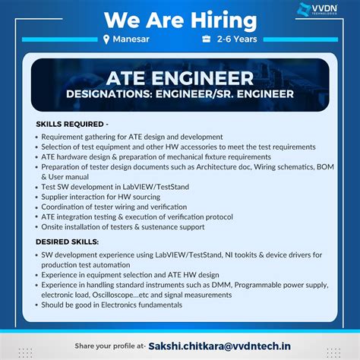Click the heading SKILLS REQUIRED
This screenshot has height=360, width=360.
71,123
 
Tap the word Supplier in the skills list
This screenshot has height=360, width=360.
59,196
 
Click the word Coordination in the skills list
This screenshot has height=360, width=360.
68,206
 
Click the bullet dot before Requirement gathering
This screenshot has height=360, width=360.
36,137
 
